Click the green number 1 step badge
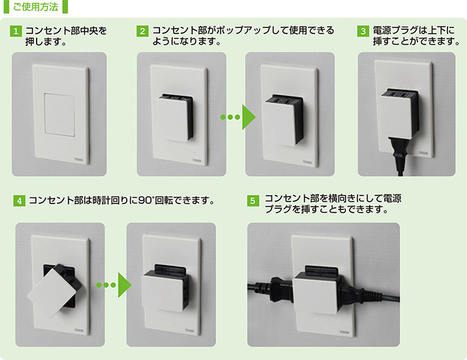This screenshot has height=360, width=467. [16, 31]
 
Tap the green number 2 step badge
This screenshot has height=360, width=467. [142, 31]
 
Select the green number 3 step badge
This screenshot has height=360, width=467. [363, 31]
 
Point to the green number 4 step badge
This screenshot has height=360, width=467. [19, 201]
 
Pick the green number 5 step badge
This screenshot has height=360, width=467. [253, 201]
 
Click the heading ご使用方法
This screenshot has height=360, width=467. [36, 7]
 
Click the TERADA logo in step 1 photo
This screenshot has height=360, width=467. [79, 159]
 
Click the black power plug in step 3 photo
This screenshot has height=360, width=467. [398, 155]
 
